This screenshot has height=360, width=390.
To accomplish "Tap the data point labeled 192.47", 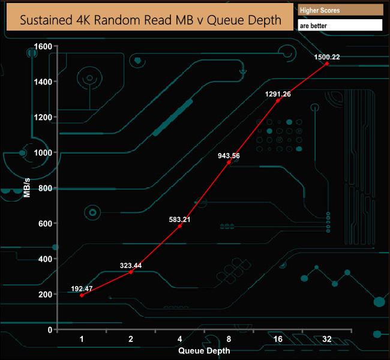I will click(82, 295).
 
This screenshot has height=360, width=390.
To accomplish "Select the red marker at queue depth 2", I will click(131, 272).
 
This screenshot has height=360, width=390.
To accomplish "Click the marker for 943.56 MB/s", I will click(229, 162).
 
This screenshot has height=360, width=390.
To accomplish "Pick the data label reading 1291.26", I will click(277, 94).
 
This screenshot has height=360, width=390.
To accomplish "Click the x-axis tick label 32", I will click(327, 340).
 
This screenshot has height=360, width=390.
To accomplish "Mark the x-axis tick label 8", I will click(229, 340).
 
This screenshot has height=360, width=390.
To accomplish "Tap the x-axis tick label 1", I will click(82, 340).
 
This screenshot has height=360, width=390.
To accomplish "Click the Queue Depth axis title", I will click(204, 350).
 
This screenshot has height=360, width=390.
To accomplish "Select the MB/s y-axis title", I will click(27, 188).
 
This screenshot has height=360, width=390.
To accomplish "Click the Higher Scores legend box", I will click(340, 10).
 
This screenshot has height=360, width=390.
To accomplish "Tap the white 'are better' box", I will click(340, 26).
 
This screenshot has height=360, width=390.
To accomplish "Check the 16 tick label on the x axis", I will click(277, 340).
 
